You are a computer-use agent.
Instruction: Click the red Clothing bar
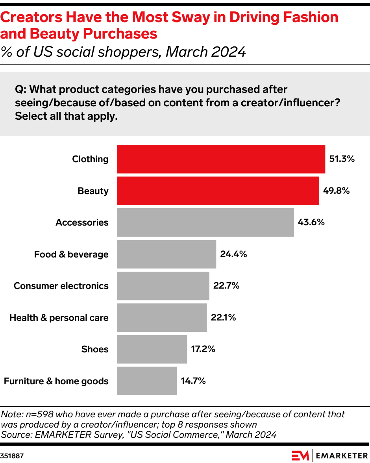[x=221, y=159]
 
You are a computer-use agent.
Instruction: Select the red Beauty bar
[x=218, y=191]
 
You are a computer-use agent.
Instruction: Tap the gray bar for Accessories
[x=205, y=222]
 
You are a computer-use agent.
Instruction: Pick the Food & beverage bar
[x=166, y=254]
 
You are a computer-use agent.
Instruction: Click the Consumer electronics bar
[x=163, y=286]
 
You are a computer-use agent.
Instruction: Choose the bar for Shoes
[x=152, y=349]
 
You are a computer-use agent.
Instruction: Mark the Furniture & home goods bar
[x=147, y=381]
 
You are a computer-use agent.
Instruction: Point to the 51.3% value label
[x=342, y=159]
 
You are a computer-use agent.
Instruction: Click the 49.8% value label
[x=337, y=191]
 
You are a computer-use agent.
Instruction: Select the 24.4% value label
[x=233, y=254]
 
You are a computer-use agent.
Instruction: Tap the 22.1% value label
[x=223, y=318]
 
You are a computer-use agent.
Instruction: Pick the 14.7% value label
[x=193, y=381]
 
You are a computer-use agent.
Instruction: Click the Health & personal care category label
[x=59, y=318]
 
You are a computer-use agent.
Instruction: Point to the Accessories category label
[x=82, y=222]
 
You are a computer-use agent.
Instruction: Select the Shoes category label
[x=95, y=349]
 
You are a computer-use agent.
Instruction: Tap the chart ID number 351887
[x=12, y=456]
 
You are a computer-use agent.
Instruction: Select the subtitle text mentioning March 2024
[x=123, y=52]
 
